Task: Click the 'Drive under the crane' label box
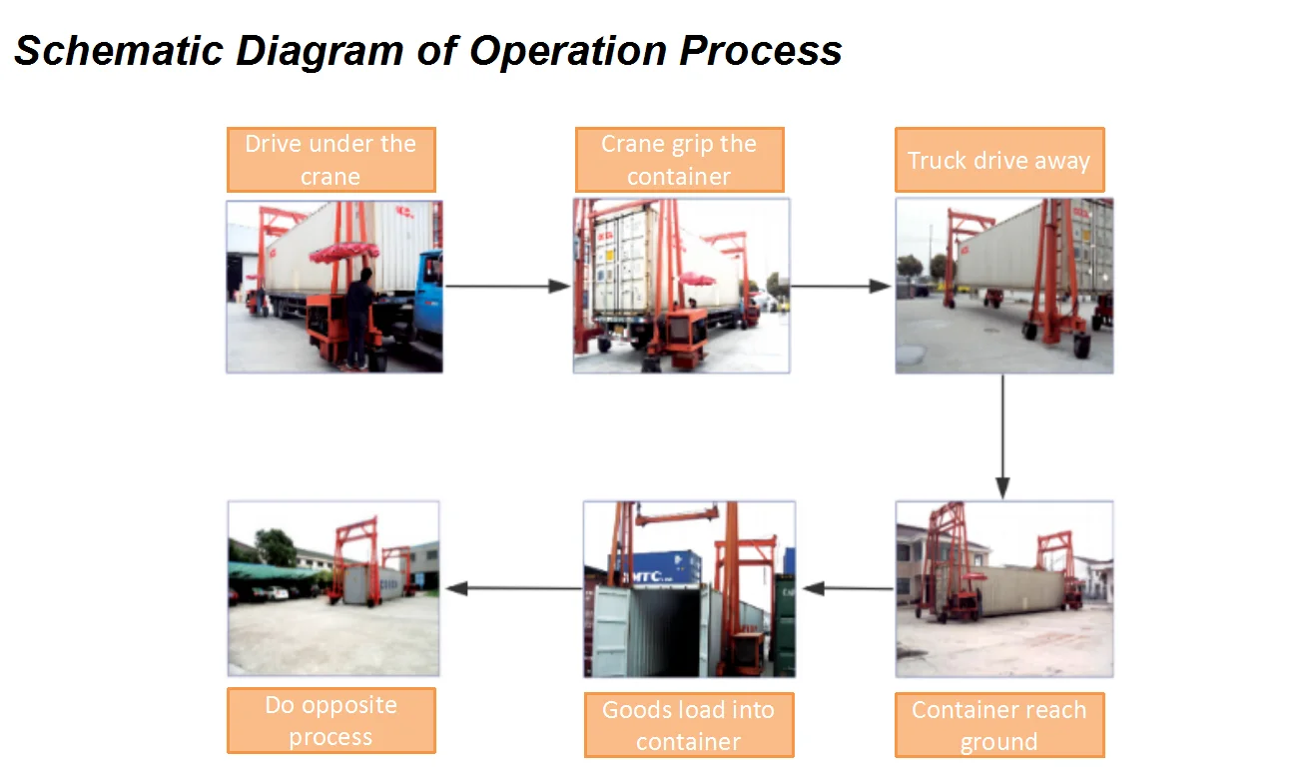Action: (330, 160)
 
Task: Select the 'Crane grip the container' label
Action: (679, 160)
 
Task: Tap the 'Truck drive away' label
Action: (998, 160)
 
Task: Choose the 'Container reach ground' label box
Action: (998, 725)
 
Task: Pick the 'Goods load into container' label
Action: (688, 725)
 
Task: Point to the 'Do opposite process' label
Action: (330, 720)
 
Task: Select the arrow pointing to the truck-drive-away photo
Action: (841, 287)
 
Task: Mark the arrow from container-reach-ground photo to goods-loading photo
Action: (848, 588)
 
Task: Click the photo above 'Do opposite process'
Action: (333, 588)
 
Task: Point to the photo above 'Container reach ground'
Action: (1003, 588)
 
